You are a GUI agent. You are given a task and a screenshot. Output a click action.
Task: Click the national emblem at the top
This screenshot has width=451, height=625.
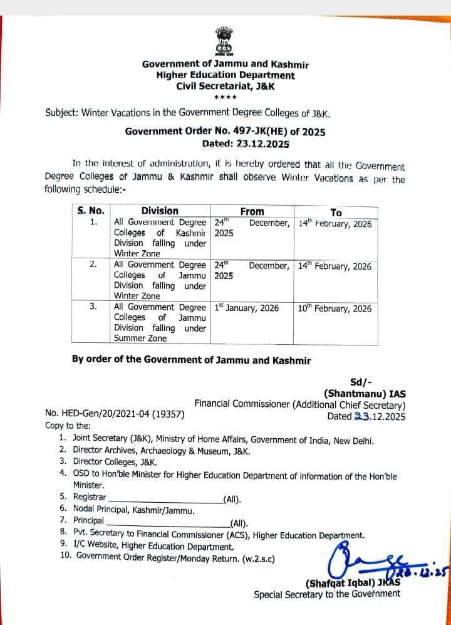[224, 41]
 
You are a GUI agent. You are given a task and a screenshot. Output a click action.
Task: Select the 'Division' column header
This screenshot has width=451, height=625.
[160, 211]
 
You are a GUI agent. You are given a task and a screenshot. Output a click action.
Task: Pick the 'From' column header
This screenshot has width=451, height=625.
[252, 212]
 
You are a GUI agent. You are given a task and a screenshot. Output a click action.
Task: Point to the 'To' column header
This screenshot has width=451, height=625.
[336, 213]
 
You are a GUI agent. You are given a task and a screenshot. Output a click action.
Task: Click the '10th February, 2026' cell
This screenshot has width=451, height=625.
[334, 308]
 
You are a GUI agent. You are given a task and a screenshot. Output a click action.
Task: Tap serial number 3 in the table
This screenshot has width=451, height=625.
[93, 307]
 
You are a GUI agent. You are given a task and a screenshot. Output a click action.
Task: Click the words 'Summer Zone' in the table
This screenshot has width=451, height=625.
[140, 339]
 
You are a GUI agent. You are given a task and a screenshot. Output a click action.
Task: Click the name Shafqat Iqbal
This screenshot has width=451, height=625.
[341, 582]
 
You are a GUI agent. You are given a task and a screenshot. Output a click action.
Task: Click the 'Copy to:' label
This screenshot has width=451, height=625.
[64, 426]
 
